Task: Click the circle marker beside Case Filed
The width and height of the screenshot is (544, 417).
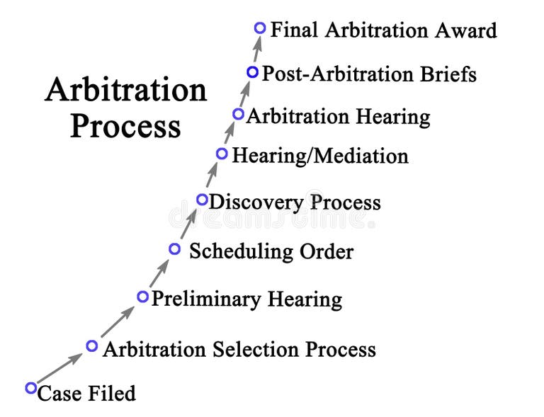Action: tap(30, 387)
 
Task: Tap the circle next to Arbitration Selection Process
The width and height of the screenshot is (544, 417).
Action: tap(91, 345)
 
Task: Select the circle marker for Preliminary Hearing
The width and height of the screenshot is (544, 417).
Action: tap(142, 296)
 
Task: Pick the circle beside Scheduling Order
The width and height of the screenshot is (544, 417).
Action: tap(175, 249)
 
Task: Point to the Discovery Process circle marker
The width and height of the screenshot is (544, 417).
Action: tap(202, 200)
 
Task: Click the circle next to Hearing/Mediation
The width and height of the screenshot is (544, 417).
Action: tap(222, 153)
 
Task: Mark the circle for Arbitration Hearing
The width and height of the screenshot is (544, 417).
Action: tap(239, 113)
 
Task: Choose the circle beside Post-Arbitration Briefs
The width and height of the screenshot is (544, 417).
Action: tap(252, 72)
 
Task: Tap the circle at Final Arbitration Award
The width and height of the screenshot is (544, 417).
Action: tap(260, 28)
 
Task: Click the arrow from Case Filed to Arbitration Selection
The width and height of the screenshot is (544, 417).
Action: tap(60, 367)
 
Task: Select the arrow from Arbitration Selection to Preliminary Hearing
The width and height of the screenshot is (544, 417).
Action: tap(117, 321)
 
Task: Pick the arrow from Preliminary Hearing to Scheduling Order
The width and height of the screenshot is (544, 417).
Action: tap(159, 273)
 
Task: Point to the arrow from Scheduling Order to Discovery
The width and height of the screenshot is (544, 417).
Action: tap(188, 225)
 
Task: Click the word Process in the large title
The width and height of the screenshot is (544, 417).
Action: tap(125, 127)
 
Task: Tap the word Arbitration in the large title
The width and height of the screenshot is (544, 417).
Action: tap(125, 91)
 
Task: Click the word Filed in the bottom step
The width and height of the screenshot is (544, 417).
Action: tap(112, 393)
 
